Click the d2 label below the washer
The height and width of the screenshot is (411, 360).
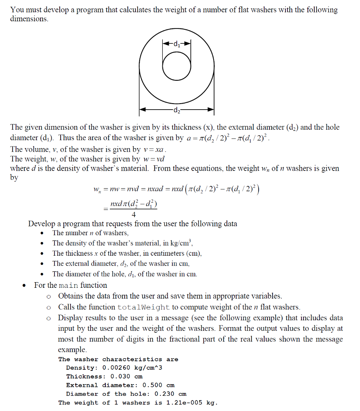(176, 110)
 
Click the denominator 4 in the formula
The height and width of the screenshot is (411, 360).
(133, 214)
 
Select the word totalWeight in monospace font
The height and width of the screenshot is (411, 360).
(144, 307)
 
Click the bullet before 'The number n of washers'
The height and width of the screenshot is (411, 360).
(42, 233)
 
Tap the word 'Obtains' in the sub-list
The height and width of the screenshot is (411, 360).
(71, 297)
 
